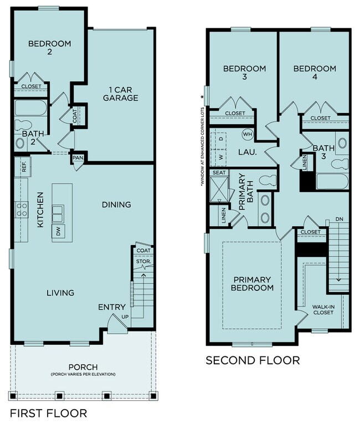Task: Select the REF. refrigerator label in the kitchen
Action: [24, 165]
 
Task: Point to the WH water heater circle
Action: [246, 134]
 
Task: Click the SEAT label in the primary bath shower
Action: [218, 173]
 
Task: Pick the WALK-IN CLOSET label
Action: [322, 309]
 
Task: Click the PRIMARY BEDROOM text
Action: [253, 283]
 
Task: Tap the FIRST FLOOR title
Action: [48, 413]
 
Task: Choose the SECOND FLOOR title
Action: [253, 361]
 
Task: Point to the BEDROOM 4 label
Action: [314, 74]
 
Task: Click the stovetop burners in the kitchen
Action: [22, 209]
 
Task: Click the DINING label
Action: [116, 205]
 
